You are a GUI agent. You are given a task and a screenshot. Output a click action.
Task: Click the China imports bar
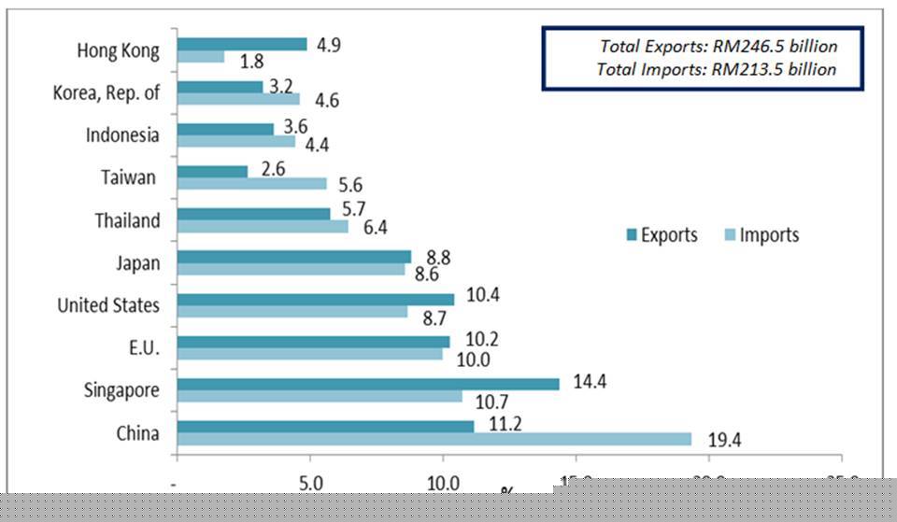[x=434, y=439]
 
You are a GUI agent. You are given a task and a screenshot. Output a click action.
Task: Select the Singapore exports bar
[x=367, y=384]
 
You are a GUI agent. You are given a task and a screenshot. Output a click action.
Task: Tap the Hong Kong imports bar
[x=200, y=57]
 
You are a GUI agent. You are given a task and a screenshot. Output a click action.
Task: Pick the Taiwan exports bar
[x=212, y=172]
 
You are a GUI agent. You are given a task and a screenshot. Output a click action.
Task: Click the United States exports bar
[x=315, y=299]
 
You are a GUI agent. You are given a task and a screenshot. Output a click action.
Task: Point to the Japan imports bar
[x=291, y=269]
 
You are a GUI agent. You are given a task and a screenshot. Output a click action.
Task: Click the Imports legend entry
[x=759, y=235]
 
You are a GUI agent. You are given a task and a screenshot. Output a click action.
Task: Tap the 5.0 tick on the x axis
[x=309, y=484]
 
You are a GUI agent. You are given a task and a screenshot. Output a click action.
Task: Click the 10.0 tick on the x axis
[x=442, y=484]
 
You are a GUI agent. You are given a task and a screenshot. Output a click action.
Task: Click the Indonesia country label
[x=122, y=135]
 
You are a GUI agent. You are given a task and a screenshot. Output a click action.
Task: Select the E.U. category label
[x=145, y=348]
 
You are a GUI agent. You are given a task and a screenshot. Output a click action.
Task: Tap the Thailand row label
[x=127, y=221]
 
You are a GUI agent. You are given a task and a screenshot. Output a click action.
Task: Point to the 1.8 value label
[x=249, y=63]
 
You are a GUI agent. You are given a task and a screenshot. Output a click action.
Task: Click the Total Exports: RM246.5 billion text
[x=718, y=46]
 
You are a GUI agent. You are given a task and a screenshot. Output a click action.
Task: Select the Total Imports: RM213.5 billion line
[x=717, y=69]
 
